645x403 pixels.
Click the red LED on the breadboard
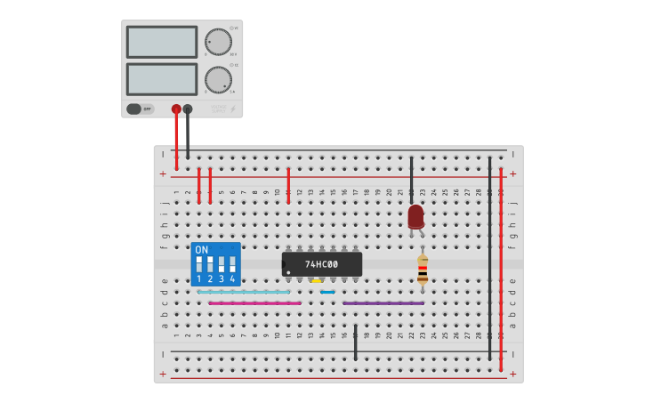pyautogui.click(x=415, y=216)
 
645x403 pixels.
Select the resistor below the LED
pyautogui.click(x=423, y=270)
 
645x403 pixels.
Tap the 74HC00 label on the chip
pyautogui.click(x=321, y=264)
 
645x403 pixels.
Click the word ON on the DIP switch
pyautogui.click(x=202, y=250)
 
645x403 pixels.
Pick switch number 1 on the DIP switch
pyautogui.click(x=198, y=264)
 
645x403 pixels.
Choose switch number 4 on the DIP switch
pyautogui.click(x=232, y=264)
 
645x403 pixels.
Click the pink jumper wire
pyautogui.click(x=254, y=303)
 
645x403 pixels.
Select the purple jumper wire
pyautogui.click(x=383, y=303)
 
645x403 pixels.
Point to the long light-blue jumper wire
pyautogui.click(x=244, y=292)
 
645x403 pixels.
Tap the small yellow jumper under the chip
pyautogui.click(x=316, y=281)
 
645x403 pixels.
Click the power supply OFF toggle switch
pyautogui.click(x=139, y=109)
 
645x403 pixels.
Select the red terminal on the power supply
pyautogui.click(x=176, y=109)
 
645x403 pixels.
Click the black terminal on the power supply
pyautogui.click(x=188, y=109)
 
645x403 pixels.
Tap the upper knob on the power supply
pyautogui.click(x=217, y=42)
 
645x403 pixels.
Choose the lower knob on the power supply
pyautogui.click(x=217, y=80)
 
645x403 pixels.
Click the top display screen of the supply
pyautogui.click(x=162, y=42)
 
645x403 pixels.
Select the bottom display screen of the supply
pyautogui.click(x=162, y=79)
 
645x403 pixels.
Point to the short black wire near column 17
pyautogui.click(x=355, y=342)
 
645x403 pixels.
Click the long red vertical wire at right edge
pyautogui.click(x=501, y=267)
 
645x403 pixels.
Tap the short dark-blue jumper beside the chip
pyautogui.click(x=327, y=292)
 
